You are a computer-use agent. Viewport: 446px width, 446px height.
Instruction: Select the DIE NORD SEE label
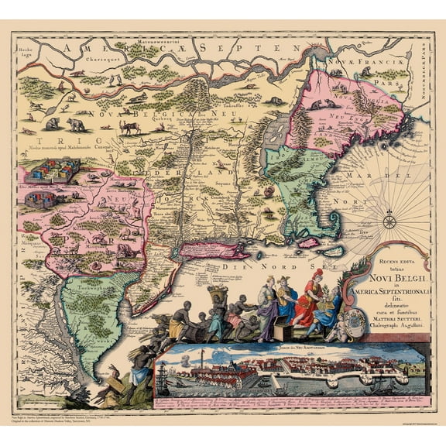click(247, 266)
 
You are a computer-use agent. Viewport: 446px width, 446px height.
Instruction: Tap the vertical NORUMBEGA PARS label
click(428, 70)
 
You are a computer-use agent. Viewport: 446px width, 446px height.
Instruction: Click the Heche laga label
click(26, 50)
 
